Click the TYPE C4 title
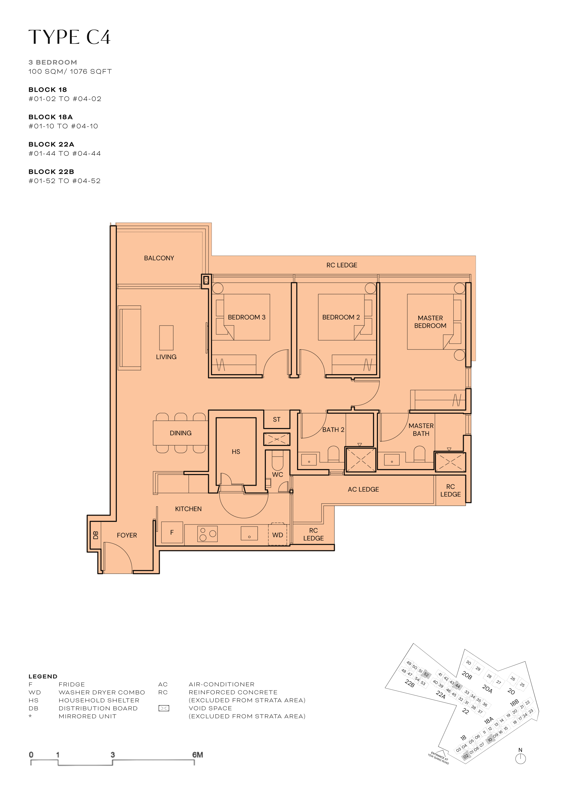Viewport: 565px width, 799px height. (x=70, y=37)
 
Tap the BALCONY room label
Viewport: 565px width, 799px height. (x=159, y=258)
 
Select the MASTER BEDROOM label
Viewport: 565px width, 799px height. (x=430, y=322)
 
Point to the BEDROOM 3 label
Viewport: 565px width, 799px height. (x=247, y=317)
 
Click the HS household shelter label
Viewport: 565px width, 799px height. (x=236, y=451)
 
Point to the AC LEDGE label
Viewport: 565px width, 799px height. (x=363, y=489)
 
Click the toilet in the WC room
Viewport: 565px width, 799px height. (x=277, y=460)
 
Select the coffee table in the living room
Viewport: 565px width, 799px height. (x=166, y=338)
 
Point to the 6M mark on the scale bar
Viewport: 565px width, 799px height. (x=197, y=754)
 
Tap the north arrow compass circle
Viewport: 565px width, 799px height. (x=520, y=759)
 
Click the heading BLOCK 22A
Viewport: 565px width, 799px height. (x=51, y=144)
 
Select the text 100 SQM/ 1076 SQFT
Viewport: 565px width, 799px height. (x=70, y=71)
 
